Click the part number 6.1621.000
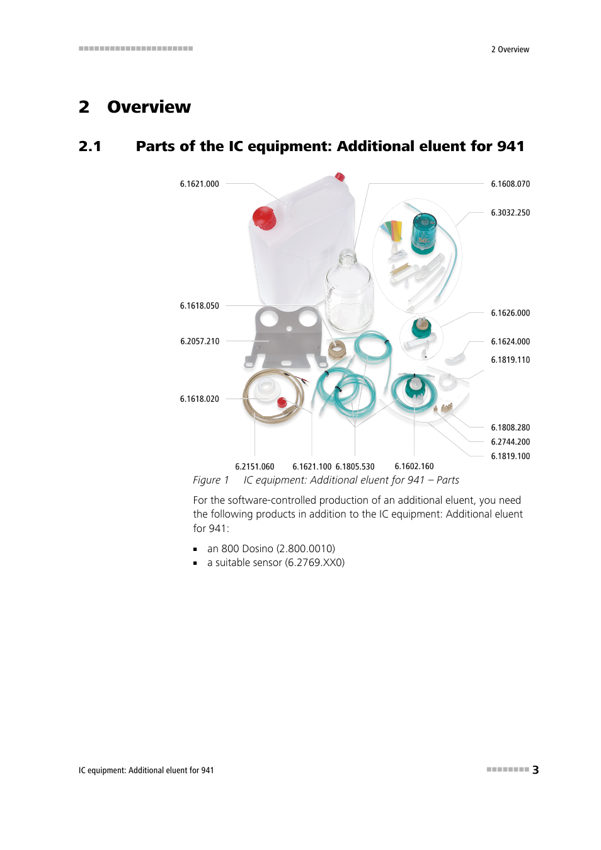[x=199, y=184]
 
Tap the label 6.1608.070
[x=510, y=184]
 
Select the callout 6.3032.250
[x=510, y=213]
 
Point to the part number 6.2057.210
[x=200, y=341]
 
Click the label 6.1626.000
[x=510, y=313]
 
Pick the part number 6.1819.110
[x=510, y=360]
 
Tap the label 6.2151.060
[x=255, y=467]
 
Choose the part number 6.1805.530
[x=355, y=467]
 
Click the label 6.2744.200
[x=510, y=442]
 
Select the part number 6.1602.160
[x=414, y=467]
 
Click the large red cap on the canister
[x=265, y=218]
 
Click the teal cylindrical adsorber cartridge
[x=424, y=233]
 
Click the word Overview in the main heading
[x=149, y=107]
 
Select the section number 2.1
[x=90, y=147]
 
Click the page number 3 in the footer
[x=535, y=770]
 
